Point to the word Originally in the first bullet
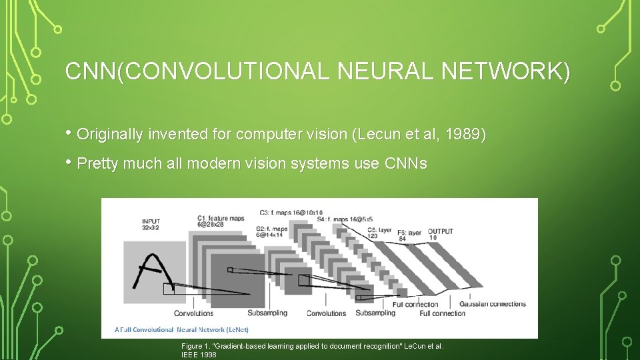pyautogui.click(x=110, y=135)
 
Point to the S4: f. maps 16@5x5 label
pyautogui.click(x=345, y=219)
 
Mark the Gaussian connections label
pyautogui.click(x=493, y=304)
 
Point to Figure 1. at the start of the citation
pyautogui.click(x=195, y=346)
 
